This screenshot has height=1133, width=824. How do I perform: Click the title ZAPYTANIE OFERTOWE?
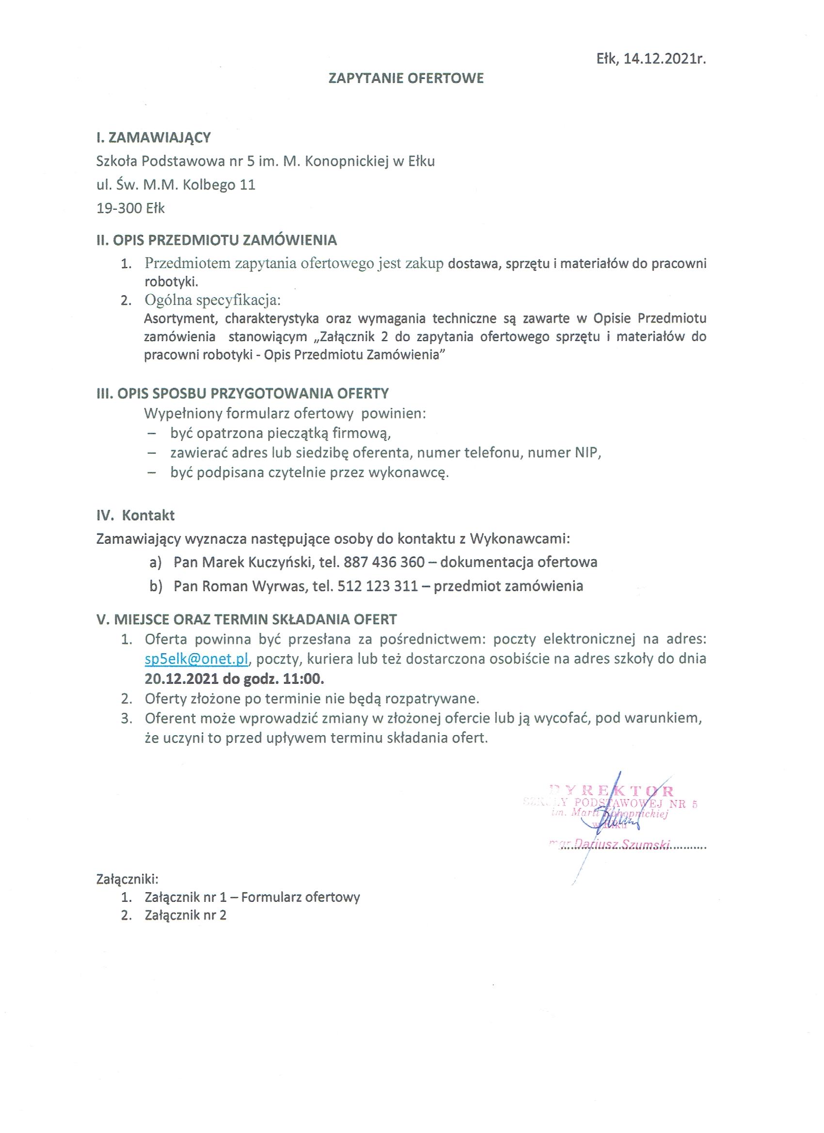pos(406,79)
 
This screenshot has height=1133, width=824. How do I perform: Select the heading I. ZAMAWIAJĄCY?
pos(153,138)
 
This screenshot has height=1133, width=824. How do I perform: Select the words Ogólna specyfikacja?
pos(213,300)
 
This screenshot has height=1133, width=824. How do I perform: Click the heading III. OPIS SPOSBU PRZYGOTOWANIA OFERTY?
pos(242,393)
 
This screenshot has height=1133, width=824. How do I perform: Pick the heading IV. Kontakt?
pos(135,515)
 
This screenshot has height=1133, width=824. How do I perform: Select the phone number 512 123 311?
pos(378,585)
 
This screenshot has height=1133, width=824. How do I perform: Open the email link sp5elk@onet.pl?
pos(196,659)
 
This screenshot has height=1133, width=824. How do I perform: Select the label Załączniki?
pos(127,879)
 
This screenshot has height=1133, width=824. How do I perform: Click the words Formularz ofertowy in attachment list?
pos(301,897)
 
